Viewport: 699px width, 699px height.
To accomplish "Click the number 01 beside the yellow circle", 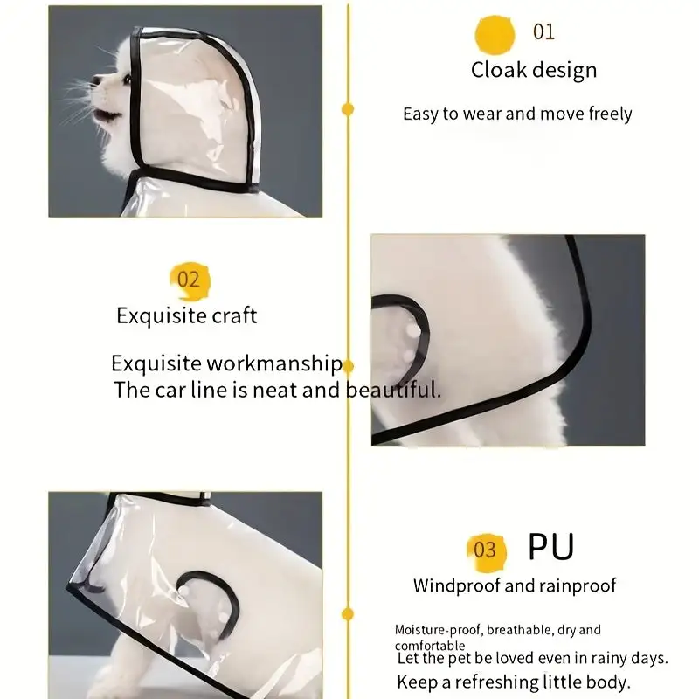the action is [543, 32].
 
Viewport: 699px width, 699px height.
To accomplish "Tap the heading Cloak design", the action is [534, 71].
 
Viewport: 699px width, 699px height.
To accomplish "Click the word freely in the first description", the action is [610, 114].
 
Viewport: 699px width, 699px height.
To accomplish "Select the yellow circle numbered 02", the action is [190, 280].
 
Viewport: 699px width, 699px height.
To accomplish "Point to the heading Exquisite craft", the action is [186, 315].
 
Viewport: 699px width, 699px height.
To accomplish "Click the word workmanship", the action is [274, 363].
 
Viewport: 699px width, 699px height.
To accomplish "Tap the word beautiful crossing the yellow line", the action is [393, 390].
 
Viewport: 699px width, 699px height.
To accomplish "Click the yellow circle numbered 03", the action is [487, 552].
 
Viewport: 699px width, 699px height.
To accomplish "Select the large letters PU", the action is [551, 547].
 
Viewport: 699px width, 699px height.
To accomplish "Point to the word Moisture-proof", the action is [438, 630].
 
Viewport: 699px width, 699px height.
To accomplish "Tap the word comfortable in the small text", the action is [430, 646].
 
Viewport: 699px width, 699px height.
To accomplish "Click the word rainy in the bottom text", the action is [609, 659].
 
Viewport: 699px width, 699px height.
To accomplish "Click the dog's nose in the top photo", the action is [95, 80].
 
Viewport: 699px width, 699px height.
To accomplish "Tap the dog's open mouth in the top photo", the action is [106, 116].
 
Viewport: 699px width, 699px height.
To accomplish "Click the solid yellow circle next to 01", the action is [495, 35].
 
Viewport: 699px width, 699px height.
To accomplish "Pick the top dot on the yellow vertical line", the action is [348, 109].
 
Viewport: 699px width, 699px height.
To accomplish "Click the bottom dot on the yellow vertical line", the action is [348, 614].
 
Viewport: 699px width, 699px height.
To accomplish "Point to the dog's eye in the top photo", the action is [127, 80].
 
